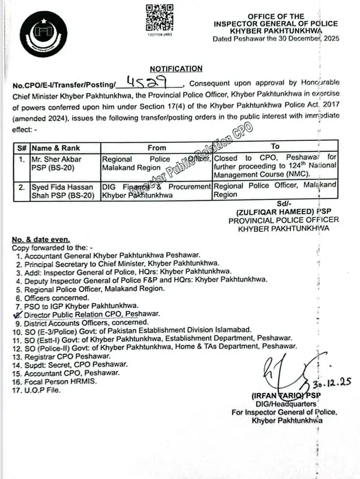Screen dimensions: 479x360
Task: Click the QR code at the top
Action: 159,18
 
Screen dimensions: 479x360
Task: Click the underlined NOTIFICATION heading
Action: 176,68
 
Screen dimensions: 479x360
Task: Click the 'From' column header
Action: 156,148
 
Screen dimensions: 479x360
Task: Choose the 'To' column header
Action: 275,147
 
